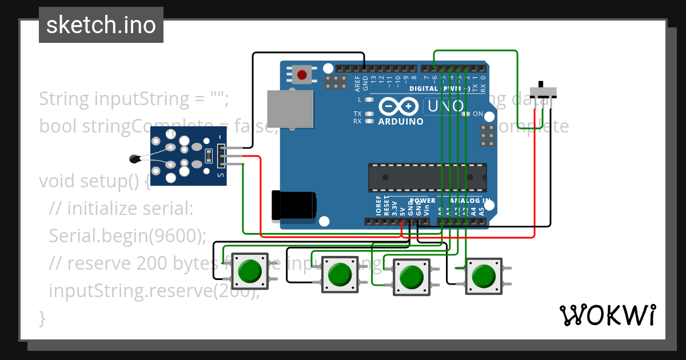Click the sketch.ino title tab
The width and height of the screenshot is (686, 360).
click(101, 25)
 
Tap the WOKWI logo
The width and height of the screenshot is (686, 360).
click(607, 315)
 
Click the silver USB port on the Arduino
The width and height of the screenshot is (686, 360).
click(290, 108)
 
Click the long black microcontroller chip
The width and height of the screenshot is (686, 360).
click(427, 177)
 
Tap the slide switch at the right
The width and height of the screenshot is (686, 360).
click(543, 91)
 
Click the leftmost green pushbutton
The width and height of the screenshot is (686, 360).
click(249, 271)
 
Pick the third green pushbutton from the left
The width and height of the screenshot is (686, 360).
click(411, 277)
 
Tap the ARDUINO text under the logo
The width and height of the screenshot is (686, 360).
click(401, 121)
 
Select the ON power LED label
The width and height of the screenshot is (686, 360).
click(477, 114)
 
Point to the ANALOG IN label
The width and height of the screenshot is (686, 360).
click(470, 201)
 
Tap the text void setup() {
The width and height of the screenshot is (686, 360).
click(95, 181)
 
